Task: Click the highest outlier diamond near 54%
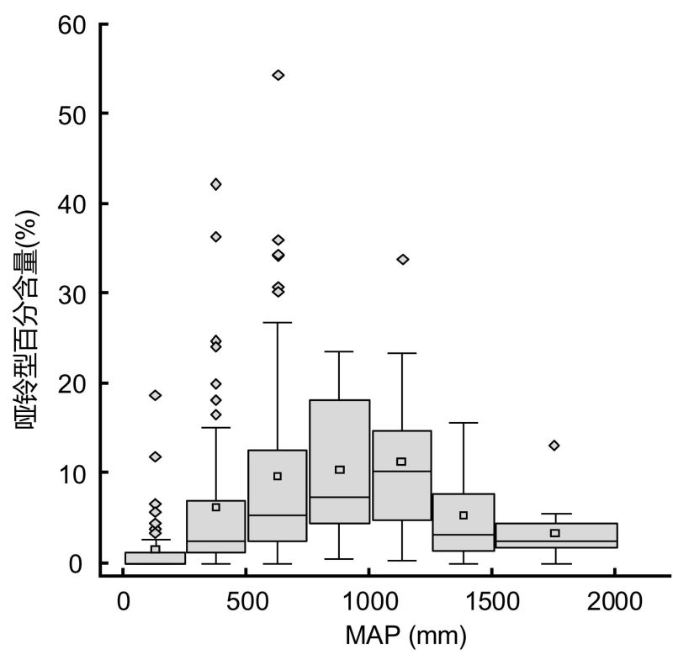[x=278, y=75]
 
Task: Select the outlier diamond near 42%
[x=216, y=184]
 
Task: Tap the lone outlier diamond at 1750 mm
[x=554, y=445]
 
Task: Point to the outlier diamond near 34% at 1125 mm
[x=402, y=259]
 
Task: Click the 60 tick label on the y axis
[x=73, y=24]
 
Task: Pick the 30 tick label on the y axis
[x=73, y=293]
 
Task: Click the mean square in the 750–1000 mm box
[x=340, y=469]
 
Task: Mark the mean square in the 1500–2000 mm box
[x=554, y=533]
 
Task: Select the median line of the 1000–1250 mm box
[x=401, y=471]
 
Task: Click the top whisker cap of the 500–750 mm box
[x=278, y=322]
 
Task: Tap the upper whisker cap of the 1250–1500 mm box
[x=463, y=423]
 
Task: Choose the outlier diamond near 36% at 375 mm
[x=216, y=236]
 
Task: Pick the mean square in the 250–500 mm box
[x=216, y=507]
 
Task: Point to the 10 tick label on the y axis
[x=73, y=472]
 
